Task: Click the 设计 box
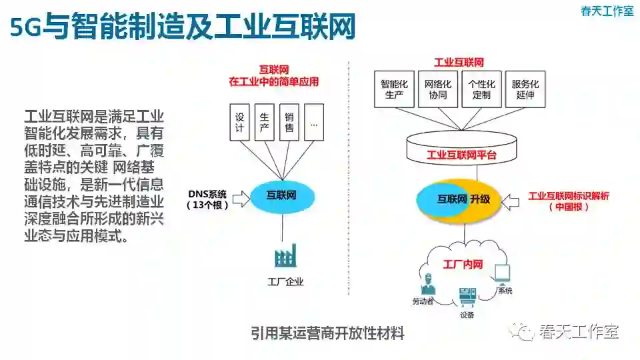(x=239, y=122)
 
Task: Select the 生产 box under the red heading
(x=264, y=122)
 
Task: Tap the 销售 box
(x=289, y=122)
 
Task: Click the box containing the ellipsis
(x=313, y=122)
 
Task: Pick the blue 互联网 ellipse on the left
(x=281, y=196)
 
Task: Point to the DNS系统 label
(x=208, y=194)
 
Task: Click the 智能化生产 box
(x=394, y=89)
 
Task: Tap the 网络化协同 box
(x=437, y=89)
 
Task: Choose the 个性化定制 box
(x=481, y=89)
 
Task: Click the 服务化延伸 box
(x=525, y=89)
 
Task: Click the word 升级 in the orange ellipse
(x=479, y=199)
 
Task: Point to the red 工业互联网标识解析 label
(x=569, y=196)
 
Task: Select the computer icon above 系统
(x=502, y=273)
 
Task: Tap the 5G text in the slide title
(x=26, y=27)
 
